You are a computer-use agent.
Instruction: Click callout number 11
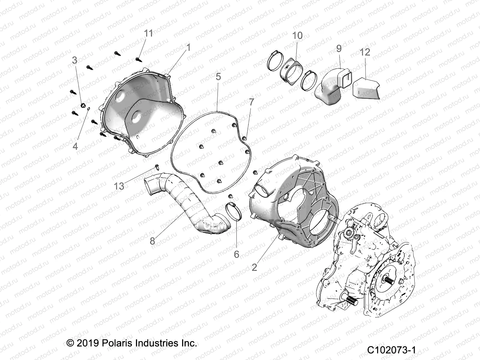tap(148, 33)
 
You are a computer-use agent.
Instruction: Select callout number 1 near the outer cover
tap(188, 47)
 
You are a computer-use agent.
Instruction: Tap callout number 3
tap(75, 60)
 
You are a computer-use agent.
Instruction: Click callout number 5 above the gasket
tap(218, 76)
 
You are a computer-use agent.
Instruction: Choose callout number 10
tap(297, 35)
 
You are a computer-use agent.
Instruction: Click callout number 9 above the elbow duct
tap(339, 48)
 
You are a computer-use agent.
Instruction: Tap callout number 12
tap(365, 52)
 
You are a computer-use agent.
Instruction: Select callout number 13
tap(119, 186)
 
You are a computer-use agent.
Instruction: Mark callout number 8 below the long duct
tap(152, 241)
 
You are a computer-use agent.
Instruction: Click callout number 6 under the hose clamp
tap(236, 254)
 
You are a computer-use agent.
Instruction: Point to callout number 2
tap(254, 267)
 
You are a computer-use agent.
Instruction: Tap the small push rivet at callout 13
tap(157, 166)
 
